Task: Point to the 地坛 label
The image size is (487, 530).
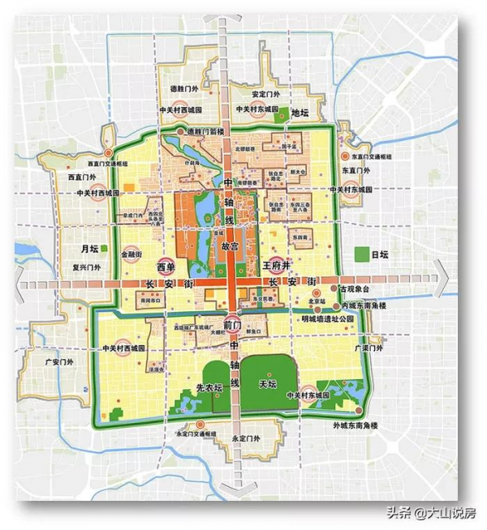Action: [301, 113]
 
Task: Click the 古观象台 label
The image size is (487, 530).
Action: [360, 289]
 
